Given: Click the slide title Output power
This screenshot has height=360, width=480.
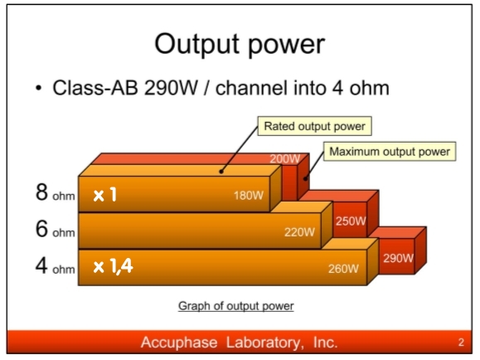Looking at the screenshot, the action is (240, 45).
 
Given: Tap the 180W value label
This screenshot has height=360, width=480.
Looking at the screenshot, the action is (248, 196).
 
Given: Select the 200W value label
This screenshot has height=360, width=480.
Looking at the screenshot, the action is (284, 158).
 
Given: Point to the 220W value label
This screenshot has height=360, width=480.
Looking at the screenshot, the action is (299, 232).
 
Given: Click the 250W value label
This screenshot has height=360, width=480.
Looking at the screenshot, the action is (351, 221).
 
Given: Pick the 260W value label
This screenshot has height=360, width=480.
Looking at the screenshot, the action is (343, 269).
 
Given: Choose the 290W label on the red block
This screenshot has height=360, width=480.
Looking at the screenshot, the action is (398, 258).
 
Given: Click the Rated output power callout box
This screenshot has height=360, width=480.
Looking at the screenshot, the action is (315, 126).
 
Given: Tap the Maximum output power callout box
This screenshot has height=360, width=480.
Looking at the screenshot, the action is (390, 151).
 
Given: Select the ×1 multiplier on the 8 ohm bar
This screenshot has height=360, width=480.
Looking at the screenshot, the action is (105, 195).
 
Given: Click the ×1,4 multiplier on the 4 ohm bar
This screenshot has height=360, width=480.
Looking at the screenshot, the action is (113, 266).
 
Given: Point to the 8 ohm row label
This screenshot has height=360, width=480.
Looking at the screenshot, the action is (55, 192).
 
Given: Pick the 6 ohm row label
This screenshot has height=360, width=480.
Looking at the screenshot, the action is (55, 230).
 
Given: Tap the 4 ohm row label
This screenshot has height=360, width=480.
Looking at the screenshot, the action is (55, 266).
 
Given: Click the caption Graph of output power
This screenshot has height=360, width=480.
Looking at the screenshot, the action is (236, 306).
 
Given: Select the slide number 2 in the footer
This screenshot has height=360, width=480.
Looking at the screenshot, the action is (461, 343).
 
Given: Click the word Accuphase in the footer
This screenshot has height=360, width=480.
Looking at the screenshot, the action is (179, 343).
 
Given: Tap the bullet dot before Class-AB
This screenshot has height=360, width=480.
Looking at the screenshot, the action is (38, 88).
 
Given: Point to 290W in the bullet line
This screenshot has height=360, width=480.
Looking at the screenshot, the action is (171, 88).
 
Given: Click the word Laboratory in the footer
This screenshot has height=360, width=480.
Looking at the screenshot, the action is (265, 343).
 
